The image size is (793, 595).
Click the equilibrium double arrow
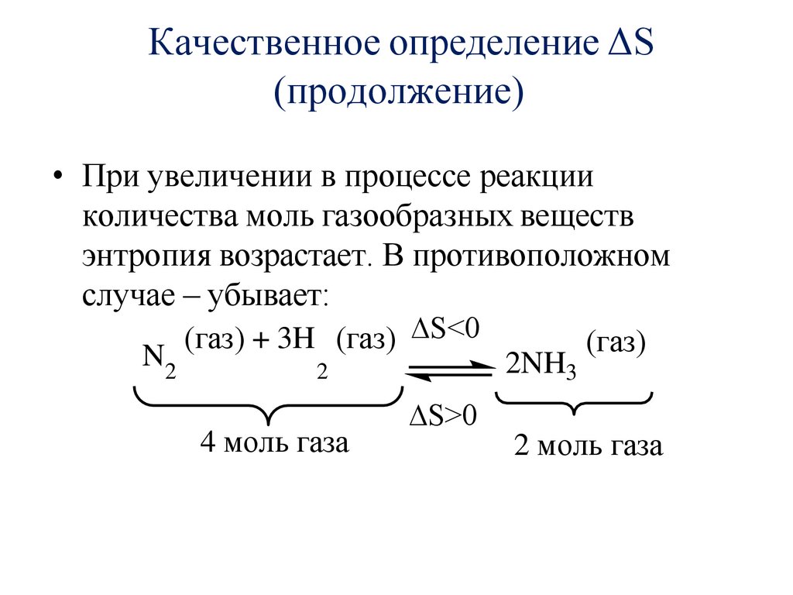[x=448, y=370]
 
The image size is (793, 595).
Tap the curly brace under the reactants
[x=266, y=407]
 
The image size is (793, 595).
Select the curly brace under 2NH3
[x=573, y=404]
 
